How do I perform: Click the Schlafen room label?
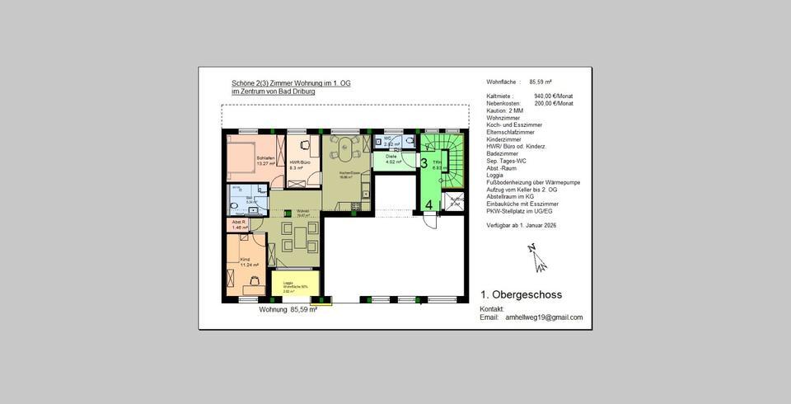point(265,158)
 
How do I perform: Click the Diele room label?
point(391,157)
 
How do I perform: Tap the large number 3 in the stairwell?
point(424,163)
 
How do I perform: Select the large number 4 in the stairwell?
point(428,204)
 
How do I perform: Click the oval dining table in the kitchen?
point(340,152)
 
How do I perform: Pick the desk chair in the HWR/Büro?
point(304,145)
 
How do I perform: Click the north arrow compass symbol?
point(538,259)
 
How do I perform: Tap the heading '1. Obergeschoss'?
point(521,294)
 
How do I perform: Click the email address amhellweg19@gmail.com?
point(544,317)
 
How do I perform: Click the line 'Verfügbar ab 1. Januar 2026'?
point(522,225)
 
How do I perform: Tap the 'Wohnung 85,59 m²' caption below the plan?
point(288,310)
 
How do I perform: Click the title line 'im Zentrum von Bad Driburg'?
point(274,92)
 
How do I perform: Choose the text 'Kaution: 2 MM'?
point(505,110)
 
